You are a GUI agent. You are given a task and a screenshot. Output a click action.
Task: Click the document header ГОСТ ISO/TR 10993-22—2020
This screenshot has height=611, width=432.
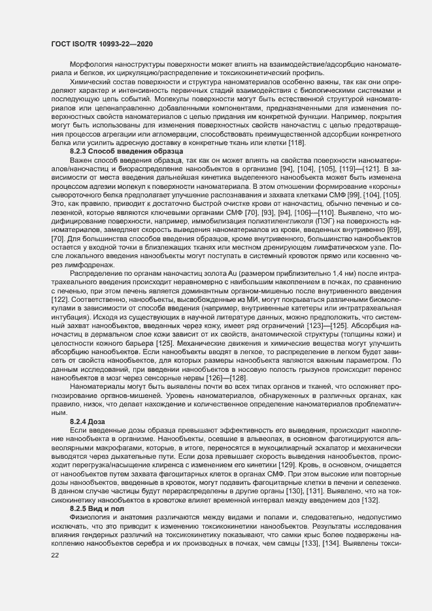[x=102, y=44]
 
